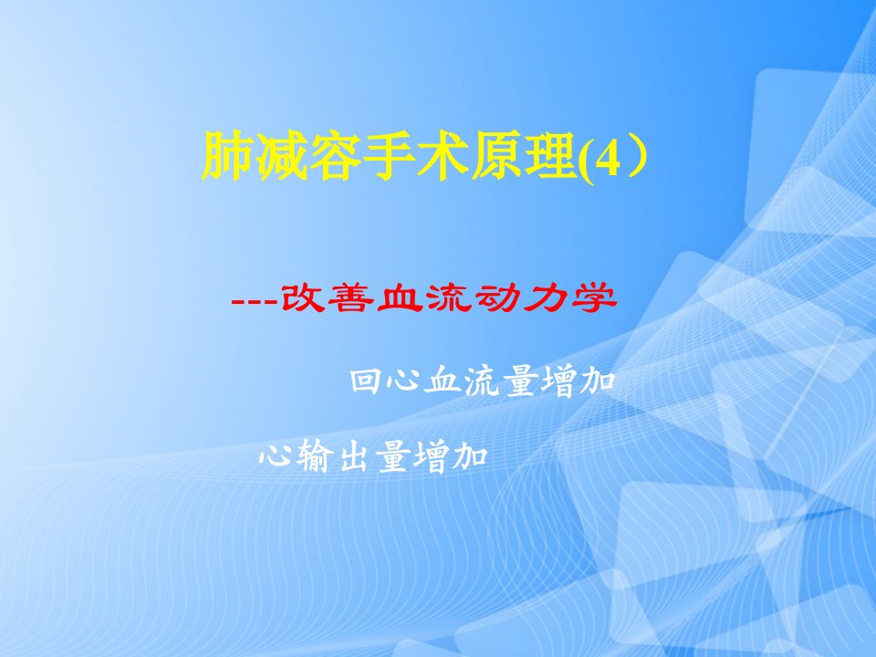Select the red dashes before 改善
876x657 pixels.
[x=255, y=302]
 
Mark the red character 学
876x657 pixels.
[x=594, y=297]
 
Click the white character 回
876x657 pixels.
[x=366, y=381]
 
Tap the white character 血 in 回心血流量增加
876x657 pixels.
[x=442, y=381]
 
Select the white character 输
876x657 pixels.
[x=315, y=457]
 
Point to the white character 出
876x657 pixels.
[x=353, y=457]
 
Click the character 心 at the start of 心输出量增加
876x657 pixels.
[x=277, y=457]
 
